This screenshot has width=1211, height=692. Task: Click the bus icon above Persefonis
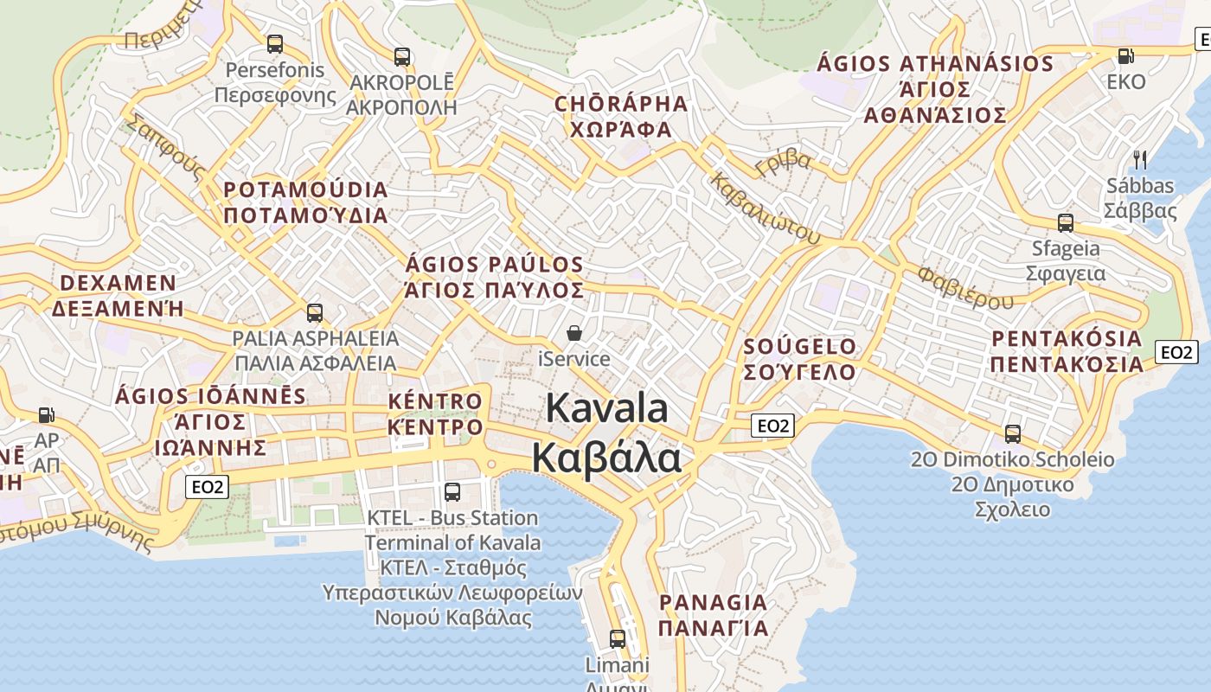(275, 43)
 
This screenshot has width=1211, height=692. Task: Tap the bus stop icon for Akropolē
(402, 57)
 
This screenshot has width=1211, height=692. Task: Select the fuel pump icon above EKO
(1125, 56)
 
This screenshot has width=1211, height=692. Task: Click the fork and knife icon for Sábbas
(1140, 159)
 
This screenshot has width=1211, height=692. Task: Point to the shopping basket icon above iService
(573, 333)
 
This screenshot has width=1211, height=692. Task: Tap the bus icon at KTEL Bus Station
(452, 492)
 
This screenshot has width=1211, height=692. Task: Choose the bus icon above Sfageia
(1066, 223)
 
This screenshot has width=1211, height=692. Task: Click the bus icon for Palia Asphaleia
(315, 312)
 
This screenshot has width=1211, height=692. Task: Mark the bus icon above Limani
(617, 639)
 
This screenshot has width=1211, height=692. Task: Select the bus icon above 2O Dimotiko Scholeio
(1012, 433)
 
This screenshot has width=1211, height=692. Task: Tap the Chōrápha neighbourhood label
(621, 117)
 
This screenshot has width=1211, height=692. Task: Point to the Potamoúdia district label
(306, 202)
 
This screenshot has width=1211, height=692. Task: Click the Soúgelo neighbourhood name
(800, 359)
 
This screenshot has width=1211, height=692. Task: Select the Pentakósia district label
(1067, 350)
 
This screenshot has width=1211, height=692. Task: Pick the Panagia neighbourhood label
(713, 615)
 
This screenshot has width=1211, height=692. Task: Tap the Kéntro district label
(435, 413)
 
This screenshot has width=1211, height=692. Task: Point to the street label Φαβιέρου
(964, 288)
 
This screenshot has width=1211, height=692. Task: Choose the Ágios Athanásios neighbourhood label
(935, 89)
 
